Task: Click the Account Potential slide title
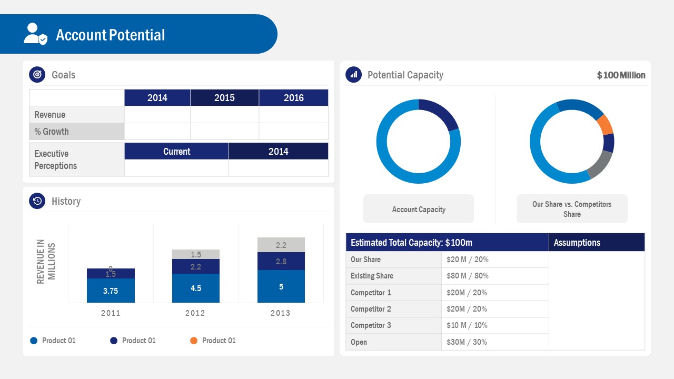[x=110, y=35]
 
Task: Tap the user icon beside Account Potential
[x=35, y=34]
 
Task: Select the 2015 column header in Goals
[x=224, y=98]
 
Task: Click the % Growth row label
[x=52, y=132]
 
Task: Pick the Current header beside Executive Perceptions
[x=176, y=152]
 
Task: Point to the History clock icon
[x=37, y=201]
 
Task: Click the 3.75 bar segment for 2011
[x=111, y=291]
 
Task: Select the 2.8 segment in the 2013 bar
[x=281, y=261]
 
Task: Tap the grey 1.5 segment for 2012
[x=195, y=254]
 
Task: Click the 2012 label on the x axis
[x=195, y=313]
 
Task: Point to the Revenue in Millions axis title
[x=46, y=262]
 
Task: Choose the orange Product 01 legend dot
[x=194, y=341]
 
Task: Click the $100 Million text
[x=621, y=75]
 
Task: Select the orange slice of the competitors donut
[x=604, y=124]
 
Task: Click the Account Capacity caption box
[x=419, y=210]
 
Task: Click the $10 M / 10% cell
[x=467, y=325]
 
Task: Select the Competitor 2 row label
[x=371, y=309]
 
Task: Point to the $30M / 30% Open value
[x=467, y=342]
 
